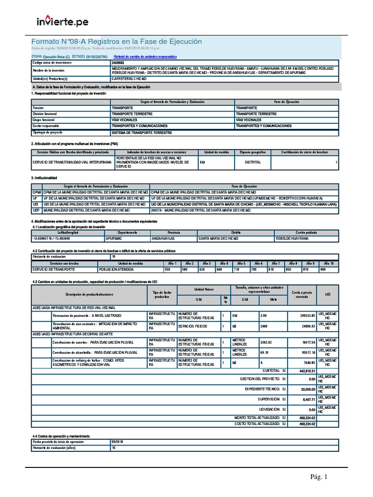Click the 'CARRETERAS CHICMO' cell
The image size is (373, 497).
pos(129,78)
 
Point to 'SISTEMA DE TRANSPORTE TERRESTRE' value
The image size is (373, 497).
pos(142,132)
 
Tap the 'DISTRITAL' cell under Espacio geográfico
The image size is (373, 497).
pos(253,163)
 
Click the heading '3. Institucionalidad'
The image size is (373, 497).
pos(44,178)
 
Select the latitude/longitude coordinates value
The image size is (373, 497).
pos(51,239)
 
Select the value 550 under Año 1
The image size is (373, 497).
pos(168,269)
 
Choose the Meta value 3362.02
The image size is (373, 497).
pos(268,342)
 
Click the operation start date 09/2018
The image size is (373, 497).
pos(118,442)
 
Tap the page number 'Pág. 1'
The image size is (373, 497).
pos(319,477)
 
